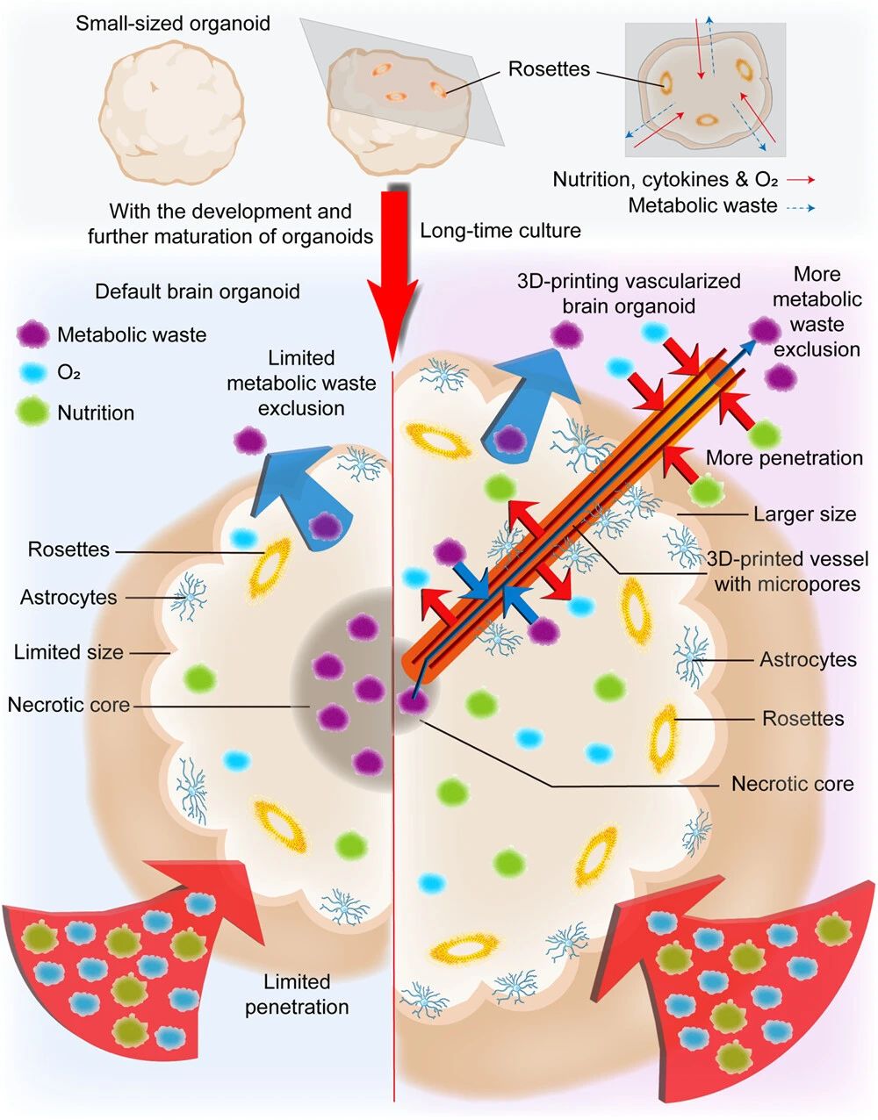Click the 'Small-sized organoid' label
(173, 24)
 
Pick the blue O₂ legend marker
(33, 373)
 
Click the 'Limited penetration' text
(298, 994)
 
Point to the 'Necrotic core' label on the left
(68, 705)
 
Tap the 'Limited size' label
(69, 652)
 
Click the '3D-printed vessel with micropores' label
(788, 571)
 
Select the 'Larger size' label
(804, 514)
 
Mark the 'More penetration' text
(784, 457)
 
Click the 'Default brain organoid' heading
(198, 291)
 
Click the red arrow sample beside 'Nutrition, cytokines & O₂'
(801, 180)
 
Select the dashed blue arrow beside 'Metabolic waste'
(801, 208)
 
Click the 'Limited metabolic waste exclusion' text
(301, 383)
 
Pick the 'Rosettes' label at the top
(550, 69)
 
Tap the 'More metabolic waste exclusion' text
(817, 312)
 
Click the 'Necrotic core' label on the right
(793, 783)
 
